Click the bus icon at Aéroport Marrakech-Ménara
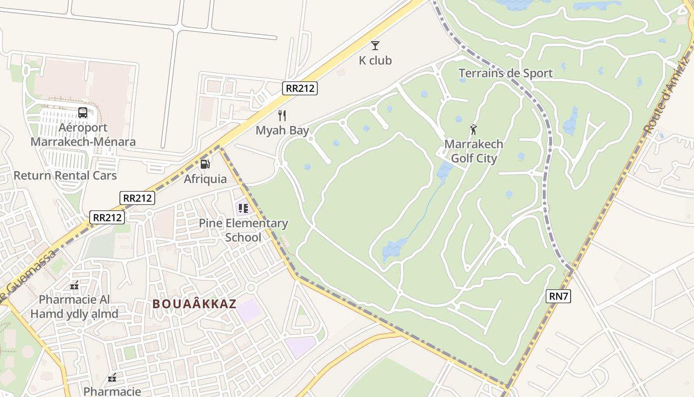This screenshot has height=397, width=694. pyautogui.click(x=83, y=113)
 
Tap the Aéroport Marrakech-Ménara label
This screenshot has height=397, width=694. pyautogui.click(x=83, y=134)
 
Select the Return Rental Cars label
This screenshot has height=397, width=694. pyautogui.click(x=65, y=175)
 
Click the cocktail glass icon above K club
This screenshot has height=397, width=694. pyautogui.click(x=375, y=46)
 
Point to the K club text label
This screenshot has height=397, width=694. pyautogui.click(x=375, y=61)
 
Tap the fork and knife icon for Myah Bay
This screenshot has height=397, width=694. pyautogui.click(x=282, y=116)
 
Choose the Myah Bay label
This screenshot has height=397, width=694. pyautogui.click(x=282, y=131)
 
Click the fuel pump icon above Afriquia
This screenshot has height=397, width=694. pyautogui.click(x=205, y=164)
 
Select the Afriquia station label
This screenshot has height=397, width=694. pyautogui.click(x=205, y=179)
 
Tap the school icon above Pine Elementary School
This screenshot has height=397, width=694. pyautogui.click(x=243, y=208)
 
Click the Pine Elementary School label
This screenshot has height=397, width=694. pyautogui.click(x=243, y=230)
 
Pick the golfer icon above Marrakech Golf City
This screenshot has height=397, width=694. pyautogui.click(x=473, y=130)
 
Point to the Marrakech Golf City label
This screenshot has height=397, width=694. pyautogui.click(x=473, y=151)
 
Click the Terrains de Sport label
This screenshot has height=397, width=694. pyautogui.click(x=505, y=73)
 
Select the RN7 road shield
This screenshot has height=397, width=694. pyautogui.click(x=559, y=296)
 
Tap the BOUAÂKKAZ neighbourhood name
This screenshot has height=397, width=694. pyautogui.click(x=194, y=304)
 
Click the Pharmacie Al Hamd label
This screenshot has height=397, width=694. pyautogui.click(x=74, y=307)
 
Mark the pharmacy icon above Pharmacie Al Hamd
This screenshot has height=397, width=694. pyautogui.click(x=74, y=285)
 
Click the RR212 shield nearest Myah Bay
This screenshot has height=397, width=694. pyautogui.click(x=300, y=88)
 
